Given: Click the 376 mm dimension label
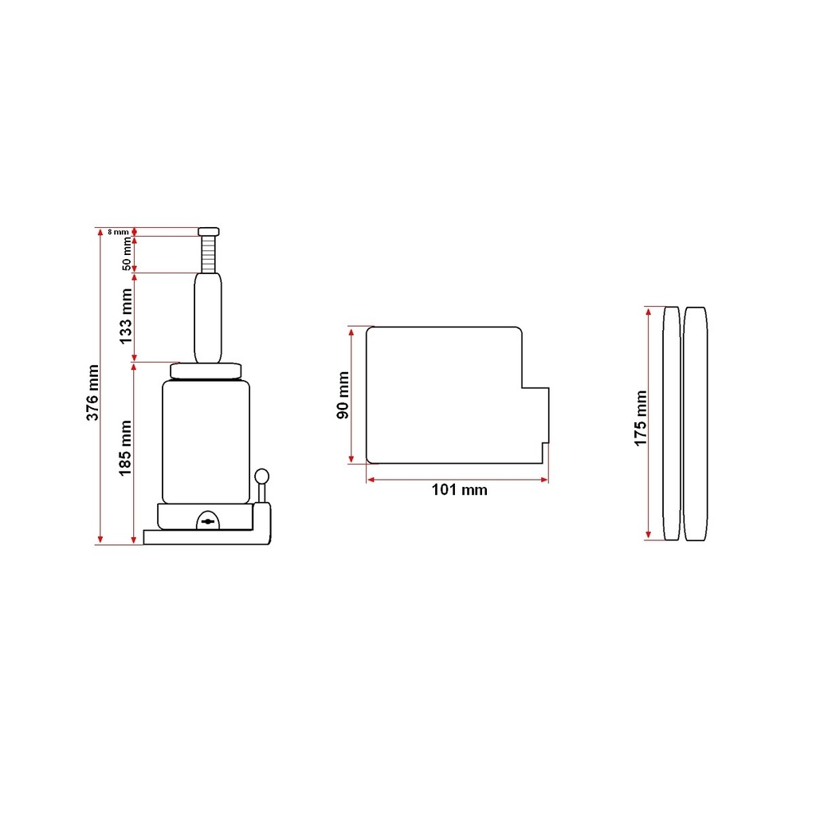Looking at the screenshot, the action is [92, 393].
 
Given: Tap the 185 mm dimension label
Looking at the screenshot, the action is [125, 448].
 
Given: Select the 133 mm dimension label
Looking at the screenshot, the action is [125, 316].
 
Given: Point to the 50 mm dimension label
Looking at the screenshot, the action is [127, 254].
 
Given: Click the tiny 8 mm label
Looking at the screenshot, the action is [118, 232].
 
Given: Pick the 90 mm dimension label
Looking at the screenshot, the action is [343, 395].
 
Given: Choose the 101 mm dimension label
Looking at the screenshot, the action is [460, 490].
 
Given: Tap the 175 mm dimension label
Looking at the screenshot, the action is [641, 418].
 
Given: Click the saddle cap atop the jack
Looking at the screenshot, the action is [209, 232].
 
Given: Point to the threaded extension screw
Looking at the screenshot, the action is [208, 254].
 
